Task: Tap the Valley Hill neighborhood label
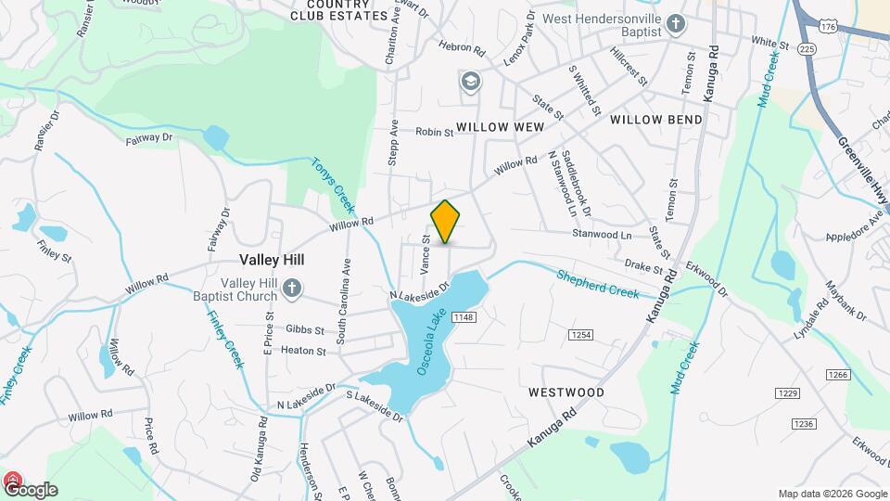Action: coord(272,261)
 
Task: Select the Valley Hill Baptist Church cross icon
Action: coord(292,288)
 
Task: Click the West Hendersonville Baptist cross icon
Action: coord(677,23)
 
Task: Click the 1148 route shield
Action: coord(464,318)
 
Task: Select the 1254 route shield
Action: coord(581,335)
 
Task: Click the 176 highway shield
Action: coord(828,28)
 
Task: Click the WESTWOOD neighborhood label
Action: coord(566,392)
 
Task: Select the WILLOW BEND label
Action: coord(656,120)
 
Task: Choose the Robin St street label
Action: coord(434,133)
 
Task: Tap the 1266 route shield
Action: coord(838,374)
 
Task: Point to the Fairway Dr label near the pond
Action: coord(149,138)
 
